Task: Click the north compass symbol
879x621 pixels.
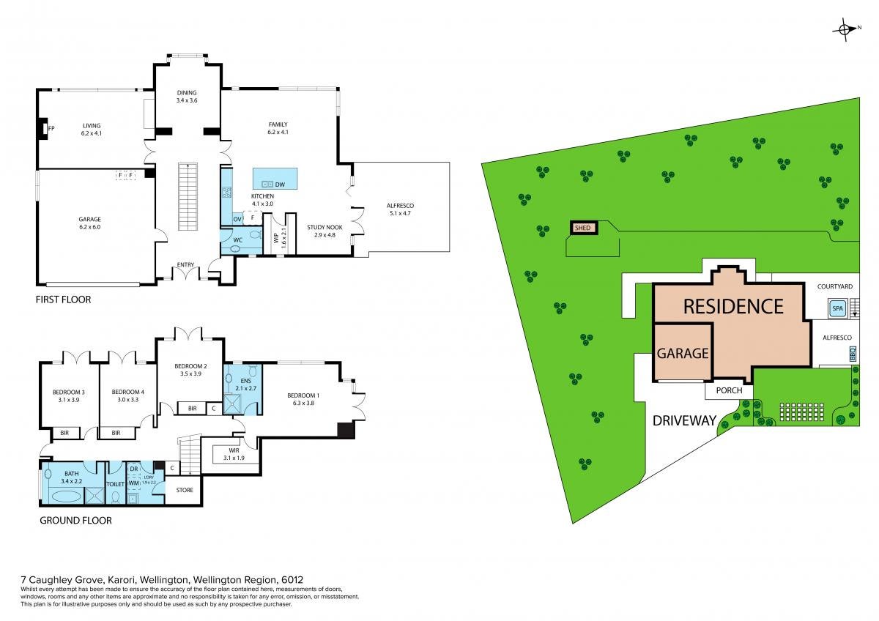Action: point(845,29)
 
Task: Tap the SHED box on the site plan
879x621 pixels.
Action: point(583,228)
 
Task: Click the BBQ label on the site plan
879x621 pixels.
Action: point(852,353)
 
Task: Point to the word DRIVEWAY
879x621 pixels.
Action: point(684,420)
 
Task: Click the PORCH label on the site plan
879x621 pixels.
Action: point(729,390)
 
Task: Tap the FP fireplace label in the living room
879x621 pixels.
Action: point(51,128)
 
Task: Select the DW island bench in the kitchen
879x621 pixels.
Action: point(275,179)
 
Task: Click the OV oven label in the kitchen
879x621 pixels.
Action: point(237,219)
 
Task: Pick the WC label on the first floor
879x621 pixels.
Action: point(237,239)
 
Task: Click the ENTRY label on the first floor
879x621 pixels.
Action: point(185,265)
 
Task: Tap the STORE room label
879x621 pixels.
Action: point(184,489)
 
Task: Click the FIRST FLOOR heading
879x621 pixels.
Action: point(62,300)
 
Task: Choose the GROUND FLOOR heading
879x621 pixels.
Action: point(76,521)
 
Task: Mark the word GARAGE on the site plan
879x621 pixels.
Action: point(682,353)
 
